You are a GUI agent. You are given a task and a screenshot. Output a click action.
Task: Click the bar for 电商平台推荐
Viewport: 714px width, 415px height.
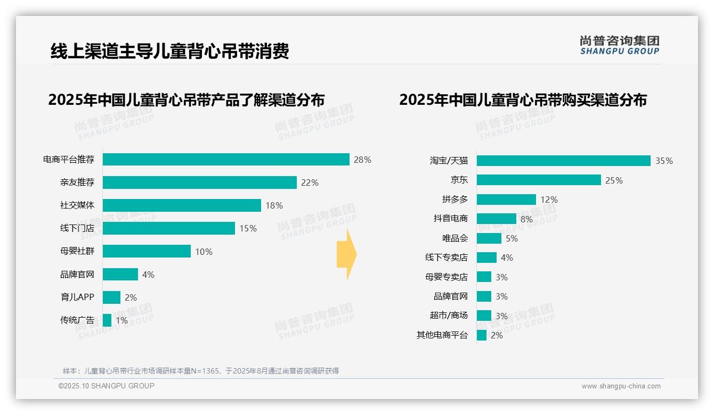(x=226, y=160)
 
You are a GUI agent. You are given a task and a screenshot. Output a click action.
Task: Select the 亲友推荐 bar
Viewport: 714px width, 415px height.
(x=199, y=182)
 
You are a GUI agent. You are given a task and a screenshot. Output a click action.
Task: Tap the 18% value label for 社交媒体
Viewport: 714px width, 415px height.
(x=274, y=205)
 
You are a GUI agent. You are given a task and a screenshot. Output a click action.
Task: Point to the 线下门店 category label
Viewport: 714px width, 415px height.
(x=77, y=228)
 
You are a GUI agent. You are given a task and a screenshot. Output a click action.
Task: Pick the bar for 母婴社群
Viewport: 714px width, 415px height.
(x=147, y=251)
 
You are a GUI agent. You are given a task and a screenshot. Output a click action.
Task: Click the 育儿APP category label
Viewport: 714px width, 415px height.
(x=77, y=297)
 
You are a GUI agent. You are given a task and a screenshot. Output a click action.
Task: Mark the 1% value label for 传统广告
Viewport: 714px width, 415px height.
(x=121, y=320)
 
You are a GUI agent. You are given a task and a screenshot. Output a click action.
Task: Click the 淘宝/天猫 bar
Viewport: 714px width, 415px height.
(x=563, y=161)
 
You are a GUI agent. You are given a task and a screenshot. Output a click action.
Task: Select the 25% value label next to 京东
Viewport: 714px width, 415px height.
(x=614, y=180)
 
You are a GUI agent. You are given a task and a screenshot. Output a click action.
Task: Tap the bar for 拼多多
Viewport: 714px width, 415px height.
(x=506, y=200)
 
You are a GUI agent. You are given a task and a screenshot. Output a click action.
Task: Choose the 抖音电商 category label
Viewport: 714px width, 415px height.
(x=450, y=219)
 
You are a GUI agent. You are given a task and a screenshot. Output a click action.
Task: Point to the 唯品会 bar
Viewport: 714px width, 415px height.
(x=489, y=238)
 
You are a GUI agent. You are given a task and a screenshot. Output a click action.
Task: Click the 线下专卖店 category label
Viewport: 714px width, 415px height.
(x=446, y=258)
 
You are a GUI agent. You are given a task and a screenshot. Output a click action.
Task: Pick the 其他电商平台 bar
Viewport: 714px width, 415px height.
(x=481, y=335)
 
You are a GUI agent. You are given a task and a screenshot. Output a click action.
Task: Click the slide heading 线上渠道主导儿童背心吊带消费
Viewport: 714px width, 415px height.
(x=169, y=51)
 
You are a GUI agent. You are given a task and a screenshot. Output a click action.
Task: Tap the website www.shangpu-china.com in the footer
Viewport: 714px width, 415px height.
(x=621, y=386)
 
